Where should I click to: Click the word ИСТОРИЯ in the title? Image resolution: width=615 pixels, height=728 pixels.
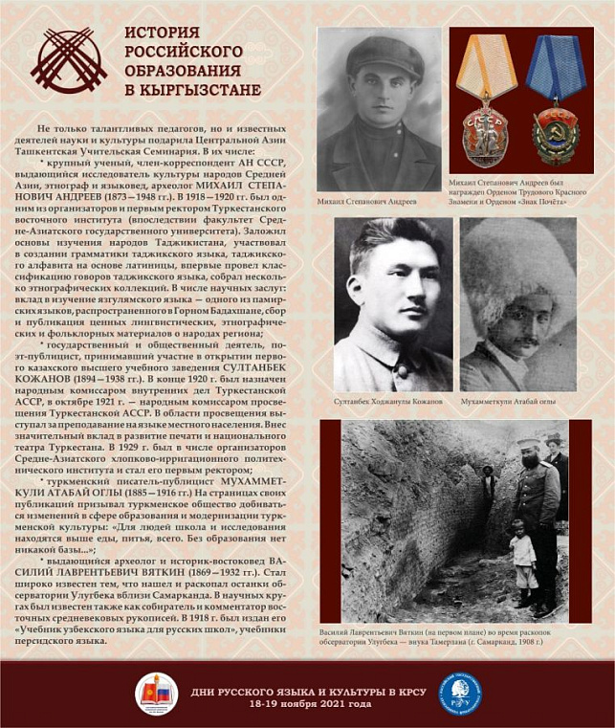tap(158, 33)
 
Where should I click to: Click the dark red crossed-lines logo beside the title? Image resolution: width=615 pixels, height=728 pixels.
tap(68, 60)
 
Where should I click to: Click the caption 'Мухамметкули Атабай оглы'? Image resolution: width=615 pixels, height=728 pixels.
tap(517, 402)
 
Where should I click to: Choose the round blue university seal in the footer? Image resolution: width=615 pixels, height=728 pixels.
tap(460, 694)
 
